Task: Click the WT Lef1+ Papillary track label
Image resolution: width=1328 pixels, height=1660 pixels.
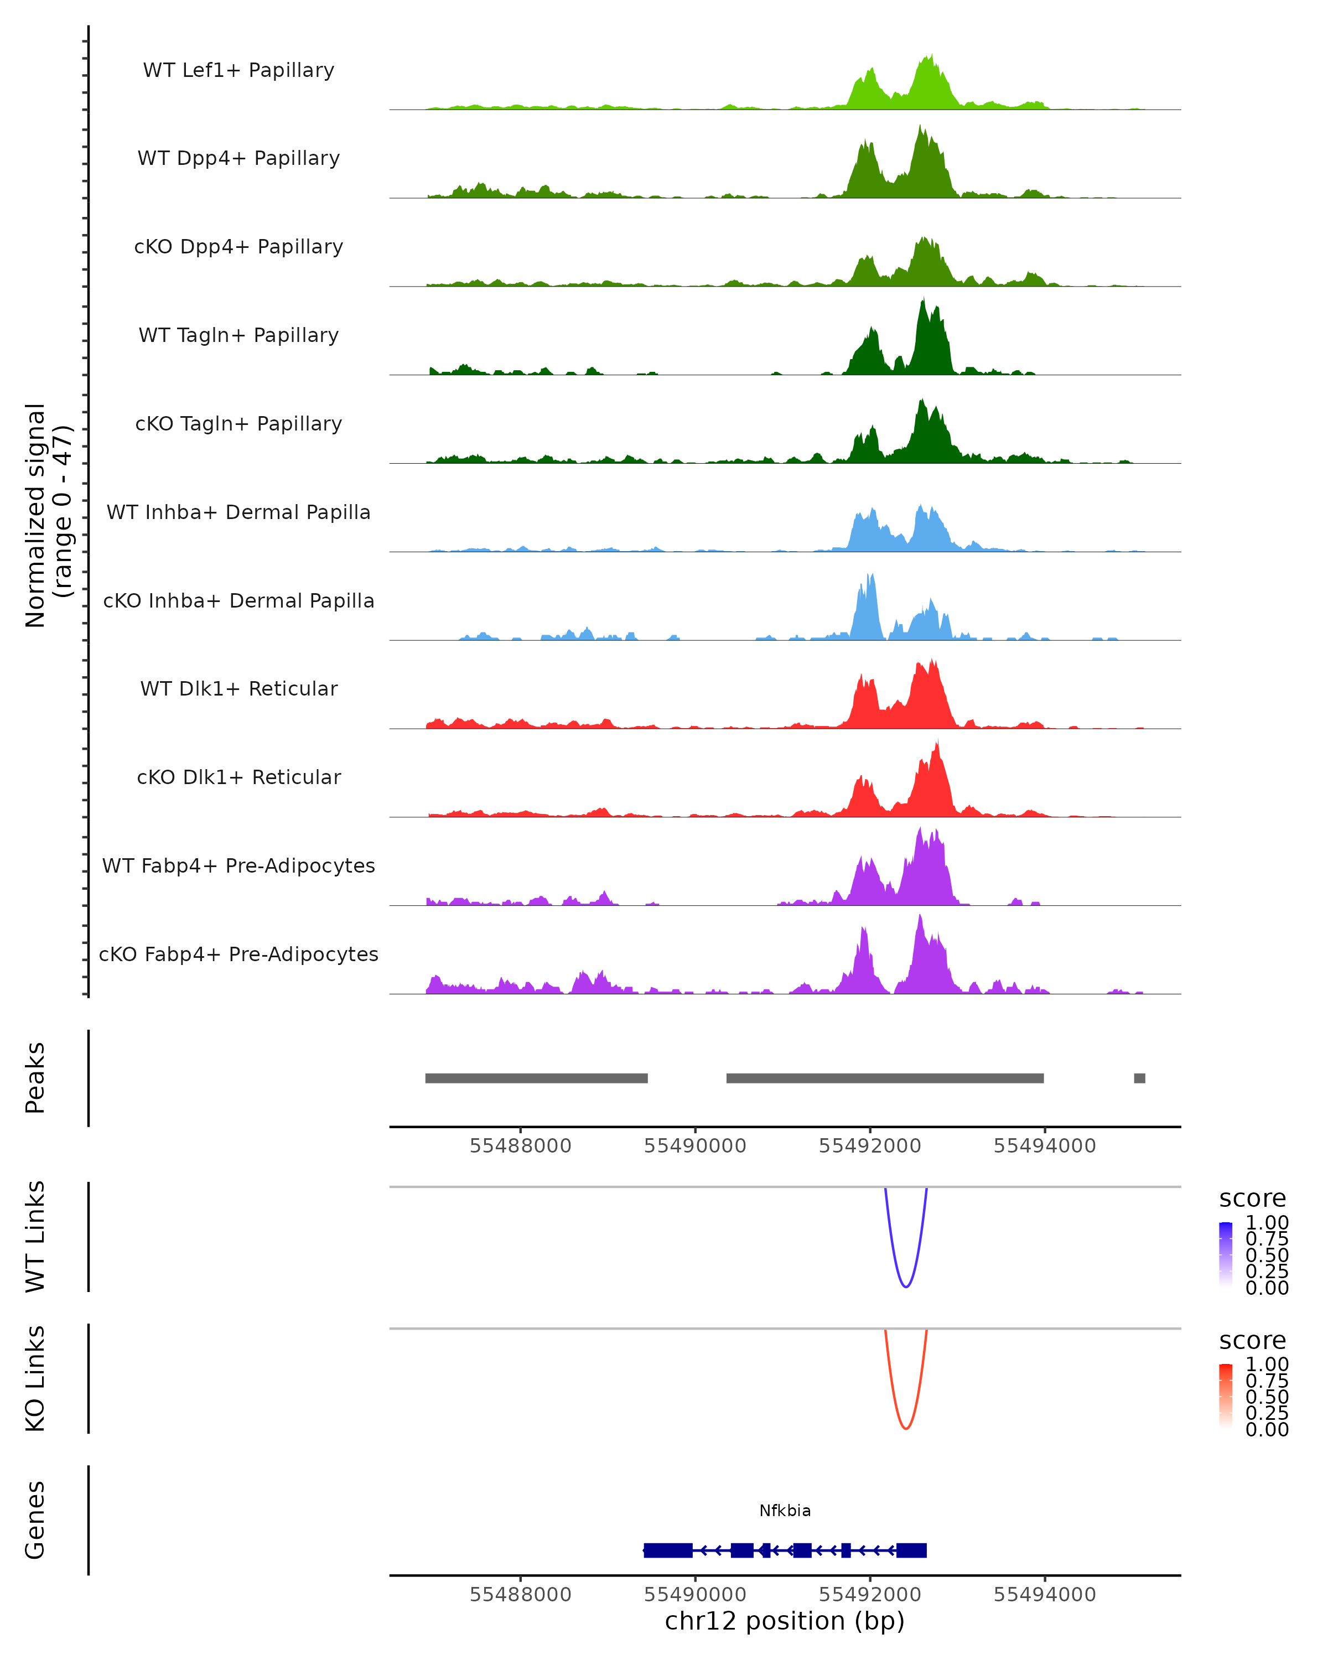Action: tap(238, 70)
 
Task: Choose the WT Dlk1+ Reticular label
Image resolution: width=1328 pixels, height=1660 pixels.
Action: tap(238, 688)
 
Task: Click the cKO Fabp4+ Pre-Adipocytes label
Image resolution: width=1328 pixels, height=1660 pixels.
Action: tap(238, 954)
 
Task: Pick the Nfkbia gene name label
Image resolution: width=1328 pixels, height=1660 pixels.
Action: tap(785, 1511)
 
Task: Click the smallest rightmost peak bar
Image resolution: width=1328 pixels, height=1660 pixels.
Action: tap(1139, 1078)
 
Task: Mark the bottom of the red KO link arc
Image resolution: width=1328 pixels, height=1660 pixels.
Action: tap(906, 1429)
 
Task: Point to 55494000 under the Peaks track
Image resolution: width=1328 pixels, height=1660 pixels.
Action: tap(1045, 1146)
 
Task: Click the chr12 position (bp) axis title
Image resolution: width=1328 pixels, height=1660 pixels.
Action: tap(785, 1621)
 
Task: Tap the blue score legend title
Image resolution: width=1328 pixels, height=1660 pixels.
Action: tap(1253, 1199)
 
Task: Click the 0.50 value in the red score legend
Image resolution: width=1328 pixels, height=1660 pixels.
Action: tap(1267, 1397)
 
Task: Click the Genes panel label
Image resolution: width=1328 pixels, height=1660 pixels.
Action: tap(35, 1520)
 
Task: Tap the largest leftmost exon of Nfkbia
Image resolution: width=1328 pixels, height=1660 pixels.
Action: tap(668, 1550)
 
